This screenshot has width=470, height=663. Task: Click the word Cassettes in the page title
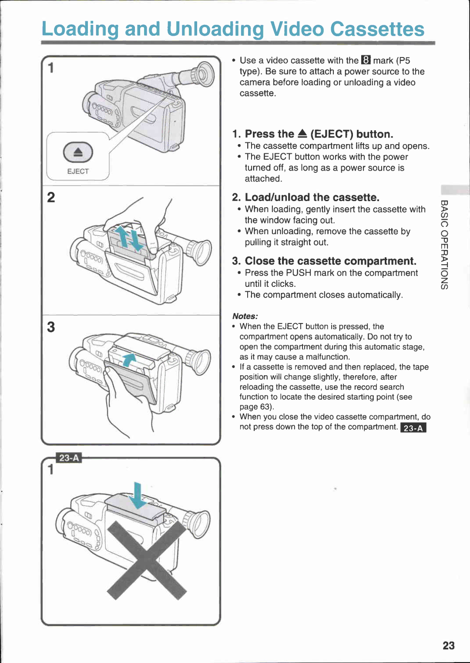[x=377, y=29]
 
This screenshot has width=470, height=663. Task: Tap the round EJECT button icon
[x=78, y=152]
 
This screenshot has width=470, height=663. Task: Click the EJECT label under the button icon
[x=78, y=172]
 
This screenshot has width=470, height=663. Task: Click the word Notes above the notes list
[x=245, y=316]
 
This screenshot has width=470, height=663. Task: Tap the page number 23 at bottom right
[x=449, y=646]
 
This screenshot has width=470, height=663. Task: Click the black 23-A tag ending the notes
[x=413, y=428]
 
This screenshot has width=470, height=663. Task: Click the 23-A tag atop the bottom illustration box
[x=69, y=458]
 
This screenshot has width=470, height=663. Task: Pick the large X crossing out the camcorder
[x=147, y=560]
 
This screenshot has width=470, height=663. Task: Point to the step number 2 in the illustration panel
[x=51, y=198]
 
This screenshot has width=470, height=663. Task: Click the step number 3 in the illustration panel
[x=51, y=327]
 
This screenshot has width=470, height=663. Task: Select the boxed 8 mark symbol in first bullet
[x=366, y=61]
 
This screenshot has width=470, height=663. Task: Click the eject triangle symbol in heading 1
[x=302, y=134]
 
